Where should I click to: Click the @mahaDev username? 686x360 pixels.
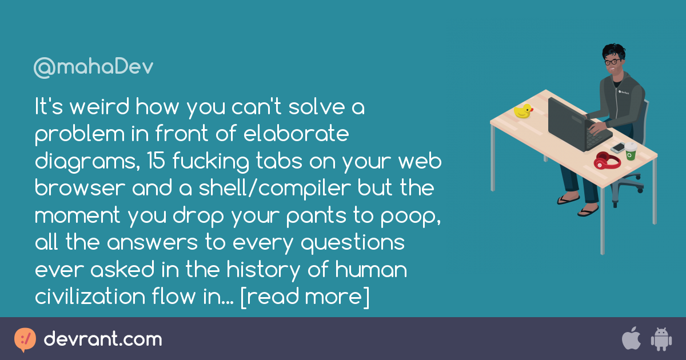[93, 67]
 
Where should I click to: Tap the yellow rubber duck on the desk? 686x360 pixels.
[523, 111]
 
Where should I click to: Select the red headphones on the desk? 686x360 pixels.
[607, 161]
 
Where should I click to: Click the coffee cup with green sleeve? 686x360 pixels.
[630, 151]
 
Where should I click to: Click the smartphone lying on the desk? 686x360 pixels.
[617, 147]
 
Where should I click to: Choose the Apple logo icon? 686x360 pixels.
[631, 339]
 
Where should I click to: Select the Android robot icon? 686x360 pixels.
[661, 339]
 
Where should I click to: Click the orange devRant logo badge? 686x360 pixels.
[25, 339]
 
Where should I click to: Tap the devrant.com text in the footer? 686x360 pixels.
[103, 339]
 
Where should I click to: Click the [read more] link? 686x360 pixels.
[305, 297]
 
